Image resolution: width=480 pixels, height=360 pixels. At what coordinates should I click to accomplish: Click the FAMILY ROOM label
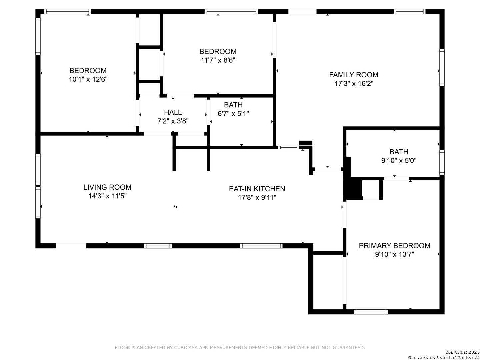pos(353,75)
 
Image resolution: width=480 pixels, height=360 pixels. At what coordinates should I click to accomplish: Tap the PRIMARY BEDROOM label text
pos(394,245)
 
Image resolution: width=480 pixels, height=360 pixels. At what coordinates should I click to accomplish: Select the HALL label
pos(173,112)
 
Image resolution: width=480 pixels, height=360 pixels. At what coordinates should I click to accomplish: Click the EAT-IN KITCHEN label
pos(257,189)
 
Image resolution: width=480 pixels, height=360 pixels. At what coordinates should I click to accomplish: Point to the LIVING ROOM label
pos(107,187)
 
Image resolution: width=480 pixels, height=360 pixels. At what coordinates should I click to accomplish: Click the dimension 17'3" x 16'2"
pos(354,83)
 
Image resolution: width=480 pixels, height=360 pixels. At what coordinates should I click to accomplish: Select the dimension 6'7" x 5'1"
pos(233,114)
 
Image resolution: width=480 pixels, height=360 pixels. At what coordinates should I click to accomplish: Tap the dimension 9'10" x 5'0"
pos(399,161)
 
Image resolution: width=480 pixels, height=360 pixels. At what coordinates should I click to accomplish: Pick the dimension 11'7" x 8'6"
pos(218,60)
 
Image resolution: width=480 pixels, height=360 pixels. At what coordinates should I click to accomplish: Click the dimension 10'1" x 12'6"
pos(88,79)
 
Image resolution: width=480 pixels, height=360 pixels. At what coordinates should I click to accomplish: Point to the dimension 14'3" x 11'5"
pos(107,196)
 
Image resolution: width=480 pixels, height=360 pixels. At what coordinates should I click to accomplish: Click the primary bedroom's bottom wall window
pos(371,312)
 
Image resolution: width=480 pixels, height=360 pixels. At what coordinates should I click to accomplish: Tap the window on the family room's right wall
pos(442,68)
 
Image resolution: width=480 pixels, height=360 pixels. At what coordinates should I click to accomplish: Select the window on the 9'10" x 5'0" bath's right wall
pos(442,162)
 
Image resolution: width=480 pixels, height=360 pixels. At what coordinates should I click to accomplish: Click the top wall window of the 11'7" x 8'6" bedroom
pos(231,12)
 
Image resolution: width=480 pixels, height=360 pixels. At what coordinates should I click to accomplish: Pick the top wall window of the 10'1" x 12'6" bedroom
pos(67,12)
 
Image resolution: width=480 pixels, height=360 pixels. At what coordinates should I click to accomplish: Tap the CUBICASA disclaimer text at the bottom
pos(240,347)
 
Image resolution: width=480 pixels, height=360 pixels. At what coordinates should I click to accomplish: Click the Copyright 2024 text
pos(462,352)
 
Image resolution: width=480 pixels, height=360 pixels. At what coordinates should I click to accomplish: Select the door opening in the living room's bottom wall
pos(71,246)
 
